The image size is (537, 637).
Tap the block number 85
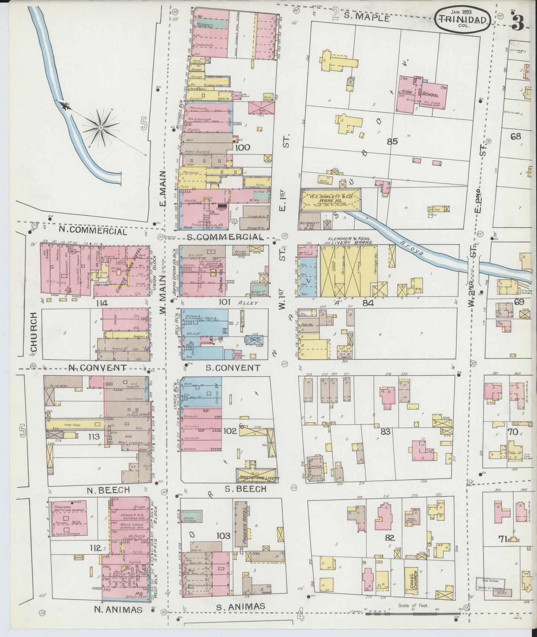392,141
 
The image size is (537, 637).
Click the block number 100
242,148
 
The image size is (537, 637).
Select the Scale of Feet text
413,605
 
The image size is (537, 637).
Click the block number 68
515,136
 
